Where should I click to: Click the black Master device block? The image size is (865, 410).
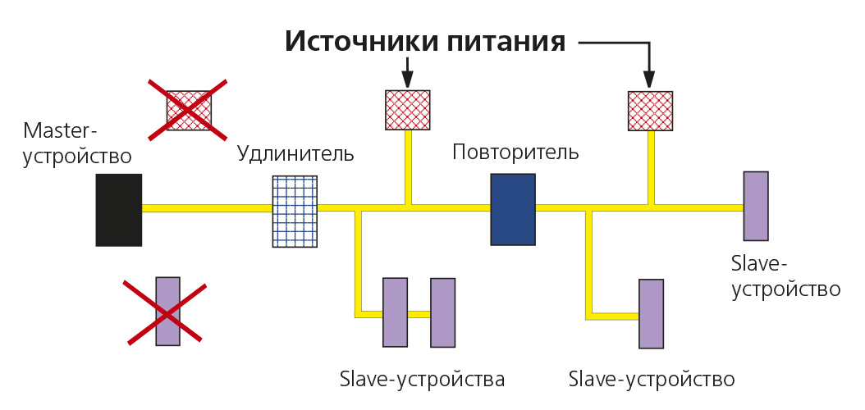[x=118, y=210]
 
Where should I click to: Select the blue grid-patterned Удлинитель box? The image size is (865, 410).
[x=295, y=212]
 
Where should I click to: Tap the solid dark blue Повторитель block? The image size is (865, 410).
[x=513, y=209]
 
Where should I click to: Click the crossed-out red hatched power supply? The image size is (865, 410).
[x=189, y=110]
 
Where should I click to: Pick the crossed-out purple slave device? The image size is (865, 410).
[x=167, y=311]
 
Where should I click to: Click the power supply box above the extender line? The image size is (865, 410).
[x=408, y=110]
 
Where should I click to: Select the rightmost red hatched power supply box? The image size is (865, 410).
[x=650, y=111]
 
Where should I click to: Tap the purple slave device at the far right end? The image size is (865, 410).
[x=756, y=206]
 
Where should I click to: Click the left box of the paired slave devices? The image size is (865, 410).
[x=395, y=312]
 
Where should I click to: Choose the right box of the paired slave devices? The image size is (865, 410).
[x=442, y=312]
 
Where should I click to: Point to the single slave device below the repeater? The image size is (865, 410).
[x=652, y=314]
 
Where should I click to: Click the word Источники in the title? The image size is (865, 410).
[x=354, y=41]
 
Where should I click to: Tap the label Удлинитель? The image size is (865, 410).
[x=295, y=153]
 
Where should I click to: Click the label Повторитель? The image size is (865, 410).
[x=515, y=152]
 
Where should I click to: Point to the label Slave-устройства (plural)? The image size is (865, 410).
[x=421, y=380]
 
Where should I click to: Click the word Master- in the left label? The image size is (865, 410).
[x=61, y=130]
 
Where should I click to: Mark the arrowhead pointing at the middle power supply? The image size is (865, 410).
[x=407, y=79]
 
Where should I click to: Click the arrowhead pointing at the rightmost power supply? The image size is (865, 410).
[x=649, y=79]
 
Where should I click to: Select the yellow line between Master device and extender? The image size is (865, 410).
[x=207, y=208]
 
